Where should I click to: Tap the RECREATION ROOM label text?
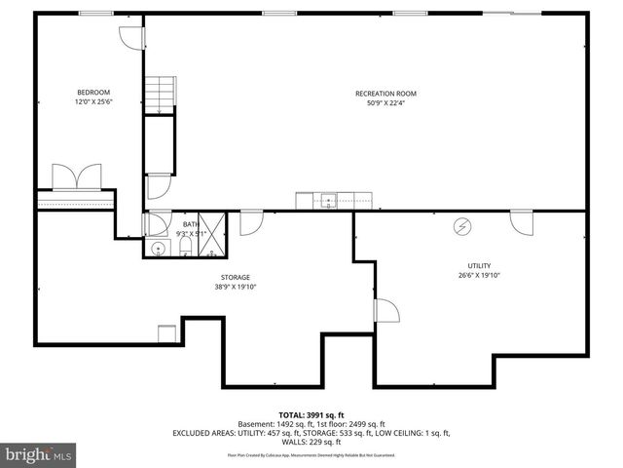pyautogui.click(x=385, y=94)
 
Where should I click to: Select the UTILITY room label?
pyautogui.click(x=478, y=265)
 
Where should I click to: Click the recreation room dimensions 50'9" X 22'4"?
pyautogui.click(x=385, y=103)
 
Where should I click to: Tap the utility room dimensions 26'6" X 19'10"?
pyautogui.click(x=478, y=275)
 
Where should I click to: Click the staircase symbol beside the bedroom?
pyautogui.click(x=159, y=96)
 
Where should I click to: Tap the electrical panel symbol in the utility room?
pyautogui.click(x=462, y=226)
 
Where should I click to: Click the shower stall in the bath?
pyautogui.click(x=212, y=235)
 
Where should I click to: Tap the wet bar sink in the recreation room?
pyautogui.click(x=329, y=202)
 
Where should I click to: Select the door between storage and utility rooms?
pyautogui.click(x=385, y=312)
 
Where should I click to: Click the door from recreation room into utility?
pyautogui.click(x=522, y=221)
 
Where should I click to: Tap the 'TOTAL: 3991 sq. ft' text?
pyautogui.click(x=311, y=413)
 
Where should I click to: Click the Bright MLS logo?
pyautogui.click(x=39, y=454)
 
